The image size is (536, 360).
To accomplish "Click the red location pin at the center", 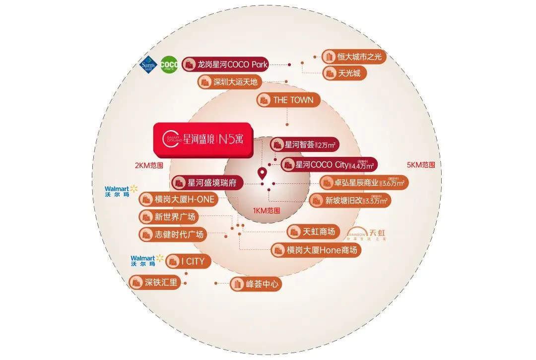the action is [262, 174].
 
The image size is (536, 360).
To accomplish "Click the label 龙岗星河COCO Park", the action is [226, 64].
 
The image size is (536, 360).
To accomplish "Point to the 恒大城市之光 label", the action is [354, 57].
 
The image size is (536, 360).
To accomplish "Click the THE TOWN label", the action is [288, 100].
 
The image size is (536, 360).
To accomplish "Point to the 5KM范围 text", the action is [421, 165].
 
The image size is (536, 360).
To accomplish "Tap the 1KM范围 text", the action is [267, 211].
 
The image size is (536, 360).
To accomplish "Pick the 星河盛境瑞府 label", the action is [207, 183].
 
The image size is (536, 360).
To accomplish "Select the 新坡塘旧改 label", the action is [350, 201].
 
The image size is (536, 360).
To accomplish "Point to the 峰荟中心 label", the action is [256, 285].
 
